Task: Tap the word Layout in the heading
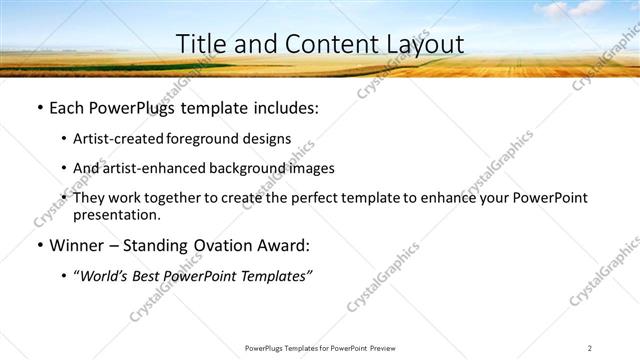pyautogui.click(x=421, y=44)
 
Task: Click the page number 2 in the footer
pyautogui.click(x=589, y=348)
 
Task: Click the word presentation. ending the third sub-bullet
pyautogui.click(x=117, y=214)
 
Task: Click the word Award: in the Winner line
pyautogui.click(x=283, y=245)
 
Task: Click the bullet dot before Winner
pyautogui.click(x=39, y=245)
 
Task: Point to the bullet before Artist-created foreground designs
pyautogui.click(x=64, y=139)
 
